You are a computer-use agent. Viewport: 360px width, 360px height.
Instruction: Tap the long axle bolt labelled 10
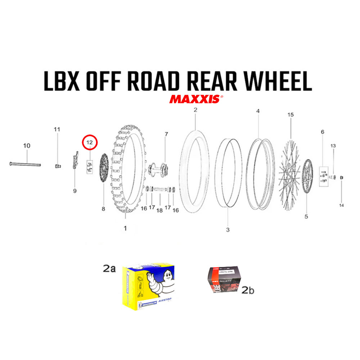coord(25,165)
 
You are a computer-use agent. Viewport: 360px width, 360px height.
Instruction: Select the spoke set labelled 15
coord(291,169)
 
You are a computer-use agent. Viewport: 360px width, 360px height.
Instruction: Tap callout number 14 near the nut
coord(341,205)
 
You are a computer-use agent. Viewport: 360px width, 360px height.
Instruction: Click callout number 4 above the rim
coord(258,111)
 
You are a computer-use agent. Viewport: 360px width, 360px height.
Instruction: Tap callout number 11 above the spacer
coord(57,129)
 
